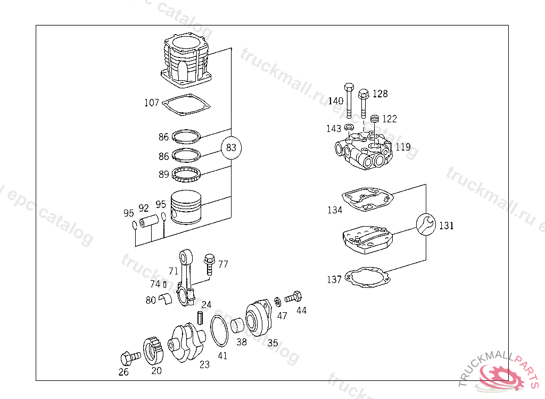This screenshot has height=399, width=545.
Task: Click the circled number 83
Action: click(231, 147)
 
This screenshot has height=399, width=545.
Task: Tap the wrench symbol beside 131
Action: click(426, 225)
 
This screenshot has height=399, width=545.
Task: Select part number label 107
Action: click(152, 103)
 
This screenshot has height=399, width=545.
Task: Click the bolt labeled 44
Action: click(294, 296)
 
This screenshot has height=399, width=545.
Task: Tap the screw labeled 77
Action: click(209, 264)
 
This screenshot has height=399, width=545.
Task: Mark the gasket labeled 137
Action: click(367, 277)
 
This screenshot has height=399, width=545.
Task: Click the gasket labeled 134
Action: click(367, 199)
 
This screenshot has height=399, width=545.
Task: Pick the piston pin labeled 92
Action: click(150, 219)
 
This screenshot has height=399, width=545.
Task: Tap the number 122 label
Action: click(389, 119)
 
